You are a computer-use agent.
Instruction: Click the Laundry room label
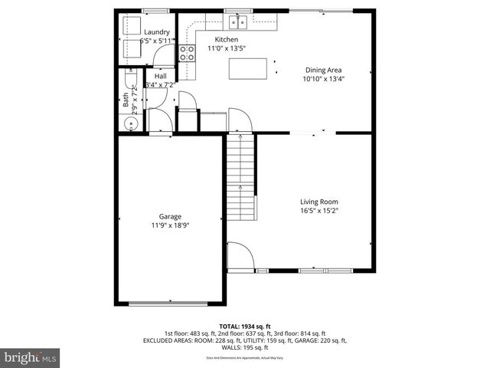pyautogui.click(x=156, y=32)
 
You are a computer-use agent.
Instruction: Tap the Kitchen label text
pyautogui.click(x=226, y=39)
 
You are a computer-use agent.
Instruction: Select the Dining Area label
pyautogui.click(x=323, y=70)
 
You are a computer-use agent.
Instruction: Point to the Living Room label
pyautogui.click(x=318, y=202)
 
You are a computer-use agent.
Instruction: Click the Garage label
pyautogui.click(x=170, y=216)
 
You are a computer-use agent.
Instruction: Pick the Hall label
pyautogui.click(x=161, y=77)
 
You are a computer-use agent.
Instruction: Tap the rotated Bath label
pyautogui.click(x=126, y=99)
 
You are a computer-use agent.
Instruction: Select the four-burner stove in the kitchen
pyautogui.click(x=186, y=52)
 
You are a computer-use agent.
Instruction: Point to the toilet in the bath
pyautogui.click(x=128, y=80)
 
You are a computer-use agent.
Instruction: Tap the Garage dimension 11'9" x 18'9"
pyautogui.click(x=170, y=225)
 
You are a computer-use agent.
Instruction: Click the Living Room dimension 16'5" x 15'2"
pyautogui.click(x=318, y=210)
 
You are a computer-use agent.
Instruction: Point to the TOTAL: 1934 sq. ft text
pyautogui.click(x=244, y=326)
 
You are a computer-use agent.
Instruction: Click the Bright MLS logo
pyautogui.click(x=31, y=357)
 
